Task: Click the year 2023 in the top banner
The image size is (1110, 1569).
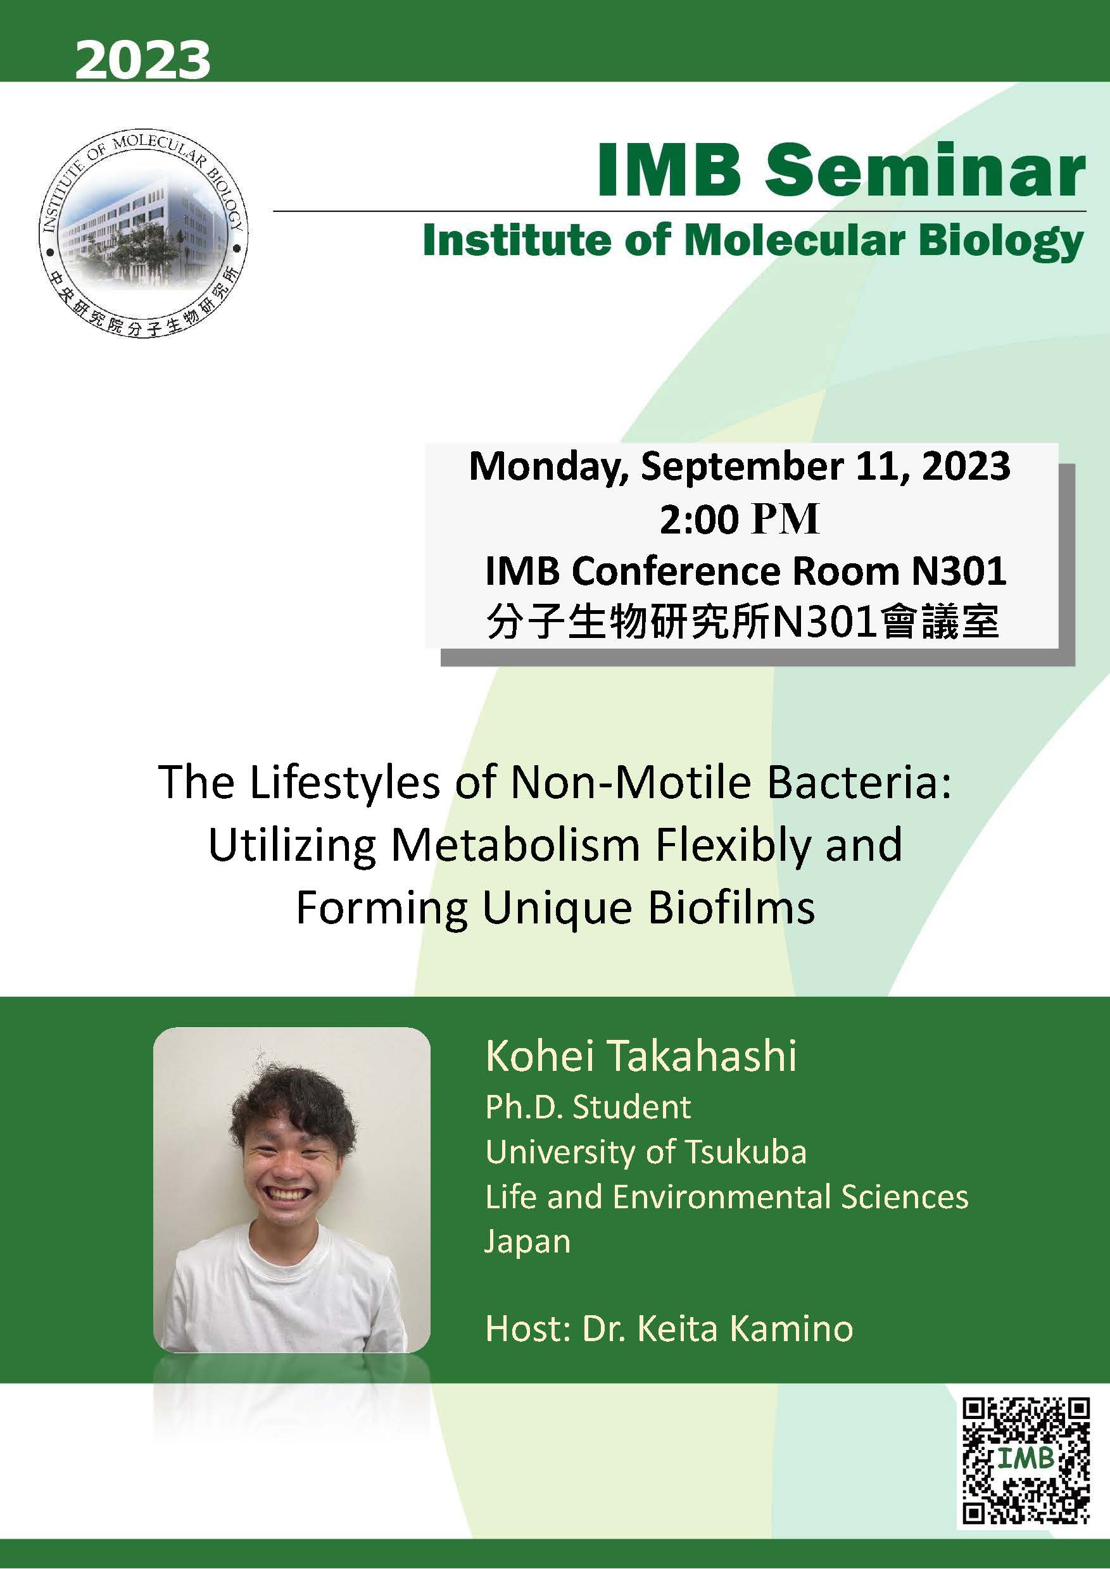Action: (142, 60)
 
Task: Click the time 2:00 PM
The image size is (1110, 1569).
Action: (740, 520)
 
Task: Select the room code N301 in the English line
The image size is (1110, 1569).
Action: (959, 572)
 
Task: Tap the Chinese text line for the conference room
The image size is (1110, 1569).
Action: (742, 623)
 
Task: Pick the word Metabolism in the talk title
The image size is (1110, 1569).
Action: (515, 846)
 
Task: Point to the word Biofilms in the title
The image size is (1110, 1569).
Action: (731, 909)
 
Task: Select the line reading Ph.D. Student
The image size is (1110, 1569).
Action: (588, 1107)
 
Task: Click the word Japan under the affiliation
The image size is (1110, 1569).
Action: (527, 1241)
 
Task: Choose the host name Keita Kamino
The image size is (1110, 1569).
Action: (745, 1329)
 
